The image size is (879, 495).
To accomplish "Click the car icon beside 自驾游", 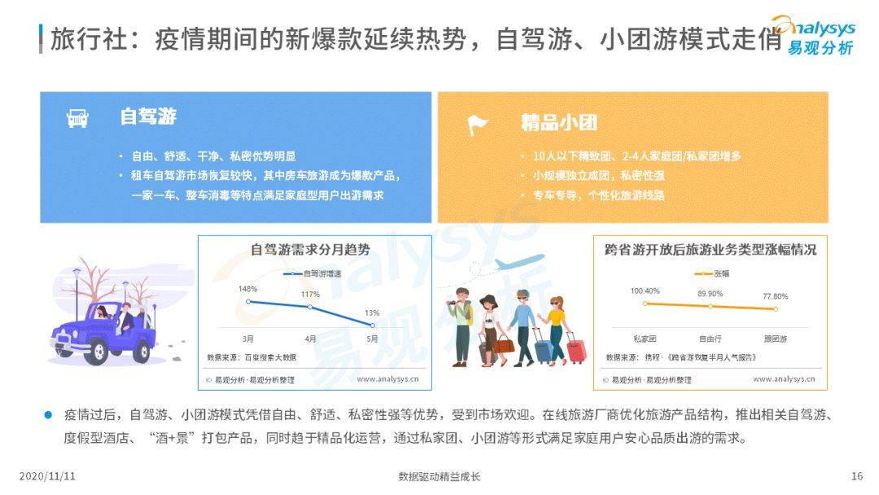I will (x=77, y=119).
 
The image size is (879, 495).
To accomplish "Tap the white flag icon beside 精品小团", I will (x=477, y=124).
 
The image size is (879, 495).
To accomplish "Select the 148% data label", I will (x=248, y=289).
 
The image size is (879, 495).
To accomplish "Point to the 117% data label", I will (x=310, y=294).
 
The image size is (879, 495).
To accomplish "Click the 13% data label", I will (x=372, y=312).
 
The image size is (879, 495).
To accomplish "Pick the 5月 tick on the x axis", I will (x=371, y=338).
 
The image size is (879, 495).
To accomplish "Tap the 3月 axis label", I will (x=247, y=338).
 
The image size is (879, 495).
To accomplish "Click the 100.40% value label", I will (x=645, y=291).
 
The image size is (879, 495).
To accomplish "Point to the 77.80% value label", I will (x=775, y=296).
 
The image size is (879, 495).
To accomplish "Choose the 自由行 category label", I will (x=710, y=338).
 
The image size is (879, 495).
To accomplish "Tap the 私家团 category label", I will (x=645, y=338).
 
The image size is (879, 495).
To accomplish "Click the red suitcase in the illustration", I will (x=575, y=350).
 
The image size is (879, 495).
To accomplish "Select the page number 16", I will (x=856, y=476).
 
